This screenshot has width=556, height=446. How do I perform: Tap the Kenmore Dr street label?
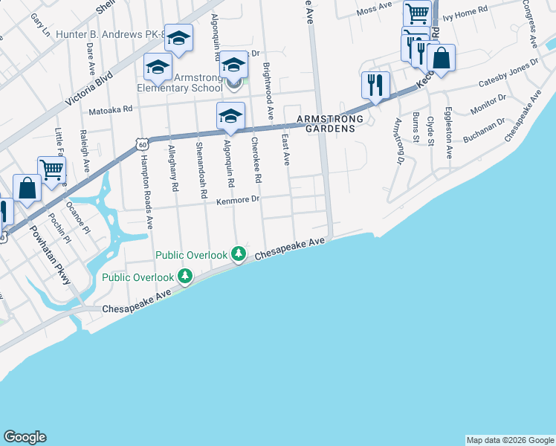238,200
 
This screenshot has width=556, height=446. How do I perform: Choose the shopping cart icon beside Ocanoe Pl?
51,169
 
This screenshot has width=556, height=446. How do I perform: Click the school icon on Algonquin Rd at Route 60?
230,116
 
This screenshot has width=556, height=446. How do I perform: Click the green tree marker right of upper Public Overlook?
239,255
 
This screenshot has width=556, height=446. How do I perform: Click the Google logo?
25,437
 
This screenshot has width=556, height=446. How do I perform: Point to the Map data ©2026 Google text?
509,440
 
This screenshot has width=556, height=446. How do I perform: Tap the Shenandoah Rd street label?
201,169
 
